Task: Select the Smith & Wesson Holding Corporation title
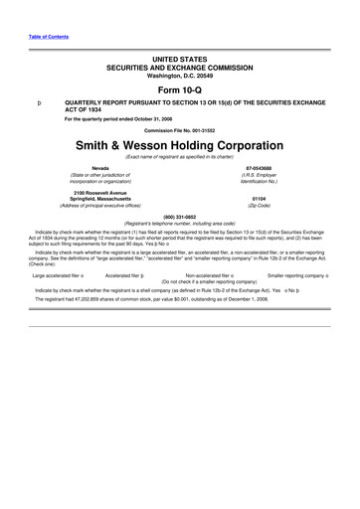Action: (x=180, y=144)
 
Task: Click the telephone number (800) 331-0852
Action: (x=179, y=217)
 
